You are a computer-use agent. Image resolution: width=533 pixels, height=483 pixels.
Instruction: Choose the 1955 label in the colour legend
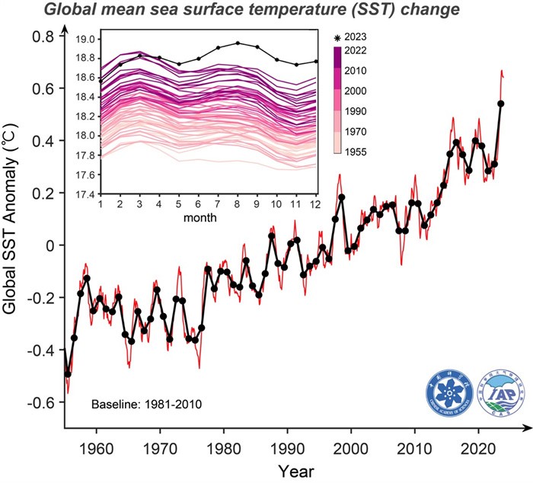[356, 152]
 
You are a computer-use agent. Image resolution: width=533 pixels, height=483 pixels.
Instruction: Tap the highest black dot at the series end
[501, 104]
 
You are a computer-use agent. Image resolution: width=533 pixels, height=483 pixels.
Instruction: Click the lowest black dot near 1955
[68, 374]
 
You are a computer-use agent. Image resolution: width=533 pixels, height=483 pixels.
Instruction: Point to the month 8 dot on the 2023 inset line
[238, 43]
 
